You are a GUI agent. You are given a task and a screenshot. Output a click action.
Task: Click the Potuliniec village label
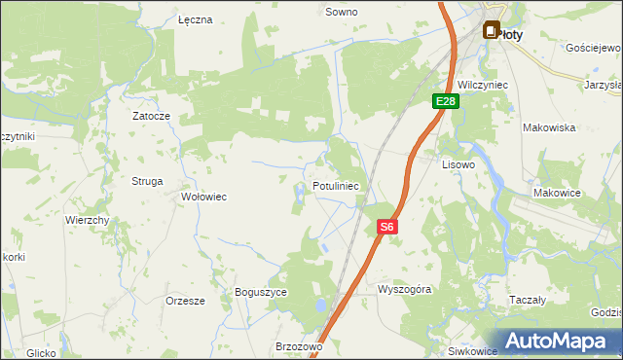tap(336, 185)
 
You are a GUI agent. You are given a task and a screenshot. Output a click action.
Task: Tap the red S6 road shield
tap(386, 227)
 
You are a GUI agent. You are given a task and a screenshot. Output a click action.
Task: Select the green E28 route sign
tap(446, 101)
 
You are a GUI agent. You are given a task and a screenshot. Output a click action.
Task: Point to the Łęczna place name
tap(196, 19)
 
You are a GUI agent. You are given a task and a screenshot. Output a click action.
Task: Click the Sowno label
tap(341, 13)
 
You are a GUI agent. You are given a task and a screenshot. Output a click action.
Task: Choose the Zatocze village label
tap(152, 116)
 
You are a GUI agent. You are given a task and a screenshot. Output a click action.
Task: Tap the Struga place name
tap(147, 181)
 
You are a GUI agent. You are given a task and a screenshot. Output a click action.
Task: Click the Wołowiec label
tap(204, 197)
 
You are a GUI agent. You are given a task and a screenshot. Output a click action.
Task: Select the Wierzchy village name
tap(87, 220)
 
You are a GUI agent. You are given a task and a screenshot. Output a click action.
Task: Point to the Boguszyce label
tap(261, 291)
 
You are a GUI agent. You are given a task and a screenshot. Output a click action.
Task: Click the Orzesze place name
tap(185, 301)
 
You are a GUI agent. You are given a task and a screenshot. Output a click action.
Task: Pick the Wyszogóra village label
tap(404, 290)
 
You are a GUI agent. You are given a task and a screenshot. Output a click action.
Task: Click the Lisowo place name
tap(458, 165)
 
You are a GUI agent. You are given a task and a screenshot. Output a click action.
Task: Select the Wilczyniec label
tap(484, 85)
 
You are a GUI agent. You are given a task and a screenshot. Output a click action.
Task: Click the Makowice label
tap(557, 193)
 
